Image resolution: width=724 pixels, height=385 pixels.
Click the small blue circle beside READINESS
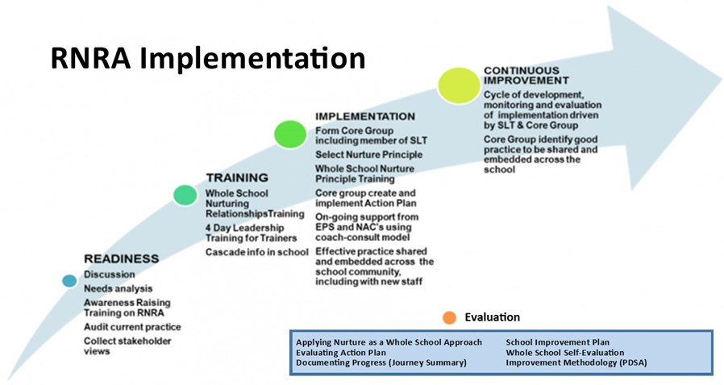[69, 280]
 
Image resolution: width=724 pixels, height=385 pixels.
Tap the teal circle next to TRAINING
[185, 195]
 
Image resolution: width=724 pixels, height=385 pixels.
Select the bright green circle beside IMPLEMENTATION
[290, 135]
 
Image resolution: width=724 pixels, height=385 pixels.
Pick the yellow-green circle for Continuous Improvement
[459, 85]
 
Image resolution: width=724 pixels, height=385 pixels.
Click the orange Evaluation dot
[449, 317]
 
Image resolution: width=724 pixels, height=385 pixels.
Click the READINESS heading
[122, 259]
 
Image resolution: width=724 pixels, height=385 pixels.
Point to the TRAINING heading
[237, 177]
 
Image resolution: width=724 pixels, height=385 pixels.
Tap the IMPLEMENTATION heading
[365, 116]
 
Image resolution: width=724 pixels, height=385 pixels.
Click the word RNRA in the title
[90, 59]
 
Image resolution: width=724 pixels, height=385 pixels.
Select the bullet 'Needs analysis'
[119, 288]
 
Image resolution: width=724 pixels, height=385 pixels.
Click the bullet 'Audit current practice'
[132, 327]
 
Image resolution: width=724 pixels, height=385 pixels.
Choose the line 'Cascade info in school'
[256, 252]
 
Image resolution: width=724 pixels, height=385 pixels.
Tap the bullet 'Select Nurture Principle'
[369, 155]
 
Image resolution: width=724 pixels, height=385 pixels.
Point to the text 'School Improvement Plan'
[558, 342]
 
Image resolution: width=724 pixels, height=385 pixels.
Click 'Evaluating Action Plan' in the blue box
[341, 352]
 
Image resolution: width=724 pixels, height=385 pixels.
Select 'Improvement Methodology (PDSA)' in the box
[576, 362]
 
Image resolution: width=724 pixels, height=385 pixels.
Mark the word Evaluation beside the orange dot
[493, 317]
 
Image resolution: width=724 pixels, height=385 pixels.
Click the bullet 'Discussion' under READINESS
[110, 275]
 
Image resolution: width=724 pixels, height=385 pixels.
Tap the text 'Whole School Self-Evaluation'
[565, 352]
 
